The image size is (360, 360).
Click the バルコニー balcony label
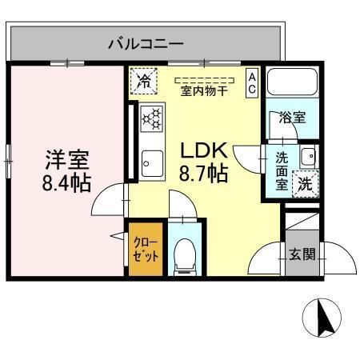pos(145,42)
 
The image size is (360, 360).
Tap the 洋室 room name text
pos(66,159)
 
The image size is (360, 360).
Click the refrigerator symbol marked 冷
pos(144,80)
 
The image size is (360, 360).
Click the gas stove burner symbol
pos(151,119)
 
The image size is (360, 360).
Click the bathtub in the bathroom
pos(293,83)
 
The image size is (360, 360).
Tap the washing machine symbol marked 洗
pos(306,182)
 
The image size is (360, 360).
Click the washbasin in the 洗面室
pos(309,154)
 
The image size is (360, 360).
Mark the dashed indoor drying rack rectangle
pos(204,80)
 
